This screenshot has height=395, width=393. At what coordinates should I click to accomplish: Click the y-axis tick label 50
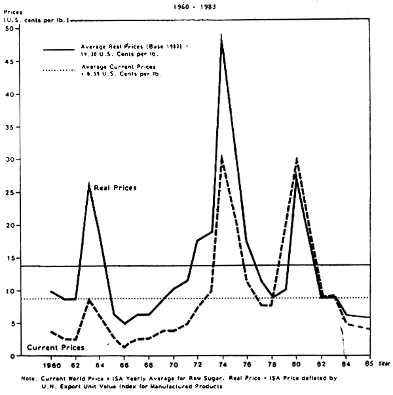10,29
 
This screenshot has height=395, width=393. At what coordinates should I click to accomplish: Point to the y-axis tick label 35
10,127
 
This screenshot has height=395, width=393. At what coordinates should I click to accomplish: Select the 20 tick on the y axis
10,225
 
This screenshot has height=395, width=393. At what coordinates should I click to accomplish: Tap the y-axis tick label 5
12,323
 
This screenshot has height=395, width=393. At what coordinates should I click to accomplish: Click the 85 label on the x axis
369,364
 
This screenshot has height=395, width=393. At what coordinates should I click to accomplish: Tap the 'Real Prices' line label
115,188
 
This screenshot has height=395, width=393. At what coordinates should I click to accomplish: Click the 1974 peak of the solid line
221,35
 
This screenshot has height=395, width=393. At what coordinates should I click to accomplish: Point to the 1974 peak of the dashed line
222,156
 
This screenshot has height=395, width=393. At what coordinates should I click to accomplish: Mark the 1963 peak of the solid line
89,184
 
